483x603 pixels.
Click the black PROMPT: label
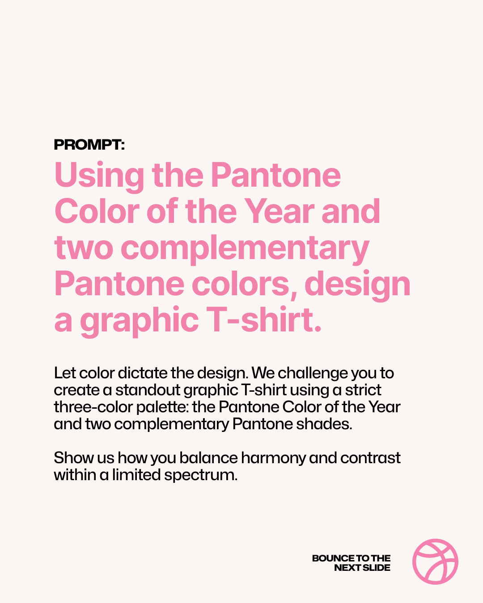[89, 145]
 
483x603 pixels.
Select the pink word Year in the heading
[280, 211]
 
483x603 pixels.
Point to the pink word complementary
[245, 248]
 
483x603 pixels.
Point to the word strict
[363, 390]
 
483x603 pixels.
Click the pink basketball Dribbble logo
[435, 561]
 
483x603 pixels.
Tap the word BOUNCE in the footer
[333, 558]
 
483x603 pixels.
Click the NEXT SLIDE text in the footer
[362, 568]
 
